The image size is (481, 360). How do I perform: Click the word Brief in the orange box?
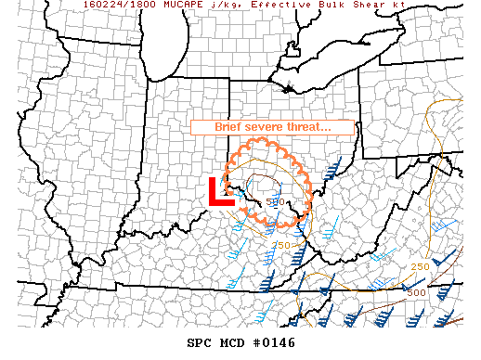click(231, 127)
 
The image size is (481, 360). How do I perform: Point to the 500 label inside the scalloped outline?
click(275, 201)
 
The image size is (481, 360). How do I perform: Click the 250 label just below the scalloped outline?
click(281, 245)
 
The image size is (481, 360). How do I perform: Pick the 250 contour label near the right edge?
click(420, 266)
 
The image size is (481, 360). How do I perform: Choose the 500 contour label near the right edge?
click(416, 292)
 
